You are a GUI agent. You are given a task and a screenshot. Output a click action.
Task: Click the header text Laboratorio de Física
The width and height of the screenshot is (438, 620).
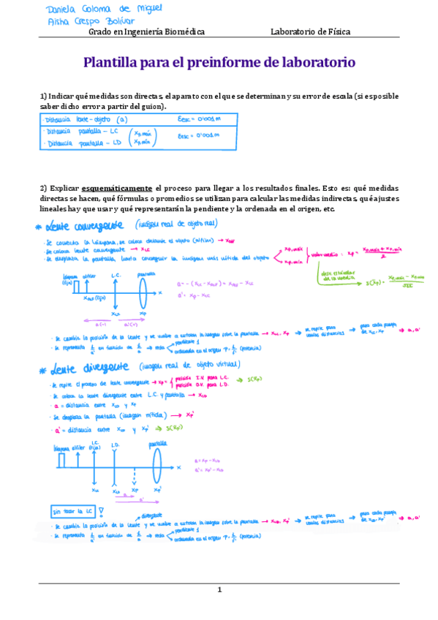pyautogui.click(x=310, y=31)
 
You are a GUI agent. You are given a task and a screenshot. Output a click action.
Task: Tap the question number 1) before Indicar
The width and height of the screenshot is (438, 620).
pyautogui.click(x=43, y=97)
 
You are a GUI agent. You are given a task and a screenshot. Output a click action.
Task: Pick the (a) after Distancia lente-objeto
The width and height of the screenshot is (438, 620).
pyautogui.click(x=121, y=119)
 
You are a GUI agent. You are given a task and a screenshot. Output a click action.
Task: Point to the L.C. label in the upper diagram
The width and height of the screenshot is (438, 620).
pyautogui.click(x=116, y=274)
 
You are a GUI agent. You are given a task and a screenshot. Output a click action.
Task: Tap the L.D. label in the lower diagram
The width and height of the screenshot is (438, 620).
pyautogui.click(x=116, y=445)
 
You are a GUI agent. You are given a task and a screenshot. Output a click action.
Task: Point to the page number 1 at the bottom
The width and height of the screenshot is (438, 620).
pyautogui.click(x=219, y=589)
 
